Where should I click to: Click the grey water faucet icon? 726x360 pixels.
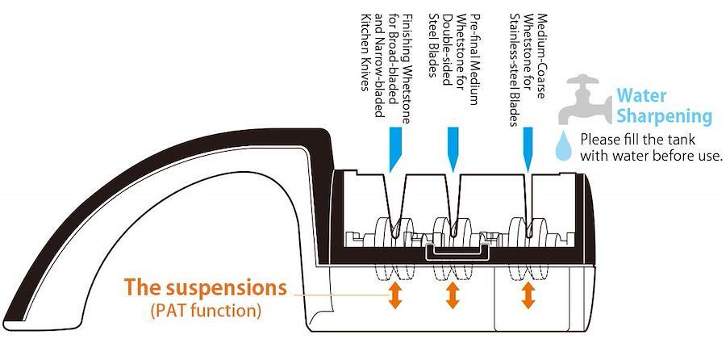coord(585,99)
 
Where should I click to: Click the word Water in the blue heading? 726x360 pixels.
coord(641,96)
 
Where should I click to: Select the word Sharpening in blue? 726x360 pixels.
coord(664,116)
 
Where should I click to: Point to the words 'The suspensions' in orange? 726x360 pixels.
coord(206,287)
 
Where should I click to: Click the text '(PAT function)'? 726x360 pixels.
coord(206,310)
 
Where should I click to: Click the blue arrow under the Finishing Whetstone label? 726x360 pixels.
coord(395,149)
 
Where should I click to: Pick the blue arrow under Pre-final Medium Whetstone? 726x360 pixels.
coord(453,149)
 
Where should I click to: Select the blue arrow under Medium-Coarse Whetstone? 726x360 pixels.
coord(528,149)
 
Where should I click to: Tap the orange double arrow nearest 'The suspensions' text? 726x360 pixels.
coord(394,296)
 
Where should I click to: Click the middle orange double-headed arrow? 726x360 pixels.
coord(453,296)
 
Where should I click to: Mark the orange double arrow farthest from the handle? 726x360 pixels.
coord(528,296)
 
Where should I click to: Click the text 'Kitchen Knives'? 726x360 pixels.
coord(367,52)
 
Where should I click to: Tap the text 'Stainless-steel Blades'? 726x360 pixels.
coord(515,69)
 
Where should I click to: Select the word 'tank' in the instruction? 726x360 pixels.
coord(683,139)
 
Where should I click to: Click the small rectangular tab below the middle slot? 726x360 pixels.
coord(458,252)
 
